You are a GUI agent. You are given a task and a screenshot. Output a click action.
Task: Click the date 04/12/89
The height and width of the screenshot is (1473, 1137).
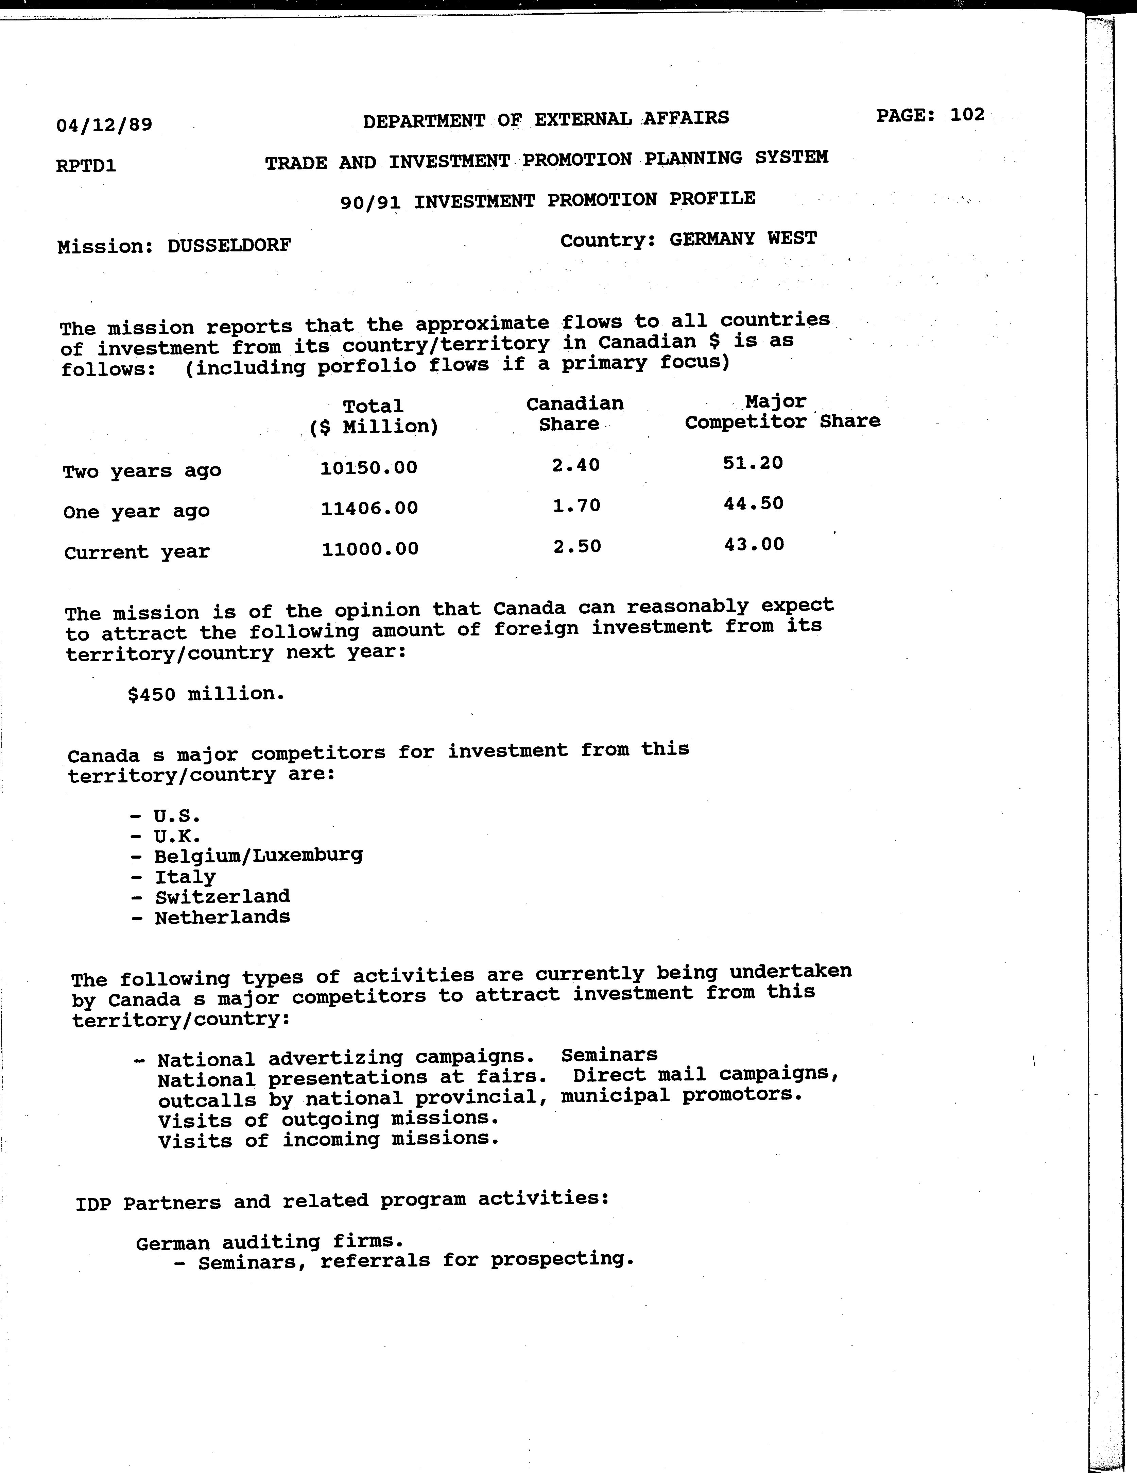click(104, 125)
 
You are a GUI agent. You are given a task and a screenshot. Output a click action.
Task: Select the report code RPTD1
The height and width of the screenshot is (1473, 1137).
click(86, 165)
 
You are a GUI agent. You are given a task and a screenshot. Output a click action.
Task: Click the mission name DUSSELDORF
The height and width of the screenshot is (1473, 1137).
click(229, 246)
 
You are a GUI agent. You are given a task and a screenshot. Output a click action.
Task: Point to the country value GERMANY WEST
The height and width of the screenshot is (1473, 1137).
click(743, 239)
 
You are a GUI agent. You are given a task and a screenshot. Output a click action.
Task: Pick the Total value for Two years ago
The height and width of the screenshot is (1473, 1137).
click(369, 467)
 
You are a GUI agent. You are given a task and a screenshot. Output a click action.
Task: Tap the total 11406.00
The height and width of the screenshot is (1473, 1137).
click(369, 508)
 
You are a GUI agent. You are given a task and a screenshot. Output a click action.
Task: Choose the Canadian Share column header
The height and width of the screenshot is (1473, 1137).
click(574, 413)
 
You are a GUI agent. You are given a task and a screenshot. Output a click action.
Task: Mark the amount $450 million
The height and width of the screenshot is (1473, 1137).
click(206, 693)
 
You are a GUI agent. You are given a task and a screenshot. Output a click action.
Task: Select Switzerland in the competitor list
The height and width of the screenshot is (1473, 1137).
click(222, 896)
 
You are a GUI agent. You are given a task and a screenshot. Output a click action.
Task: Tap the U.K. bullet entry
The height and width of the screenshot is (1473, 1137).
click(176, 836)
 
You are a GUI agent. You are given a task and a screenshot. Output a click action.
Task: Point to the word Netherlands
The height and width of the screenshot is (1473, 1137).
click(222, 917)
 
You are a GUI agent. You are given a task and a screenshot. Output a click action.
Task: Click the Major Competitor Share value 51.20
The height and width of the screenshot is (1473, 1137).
click(753, 463)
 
